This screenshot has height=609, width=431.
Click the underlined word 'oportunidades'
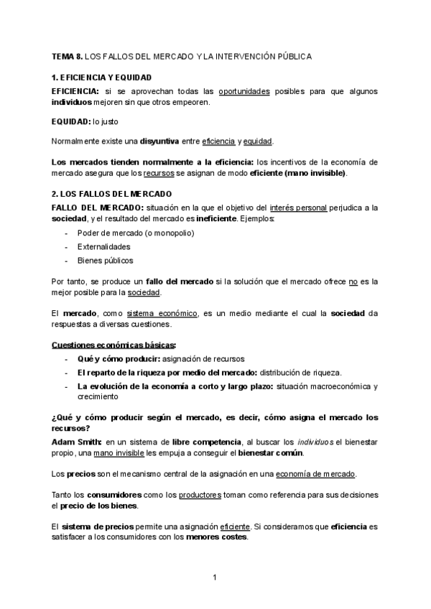pos(244,91)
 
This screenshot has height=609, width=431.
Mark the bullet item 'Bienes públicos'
pos(105,261)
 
